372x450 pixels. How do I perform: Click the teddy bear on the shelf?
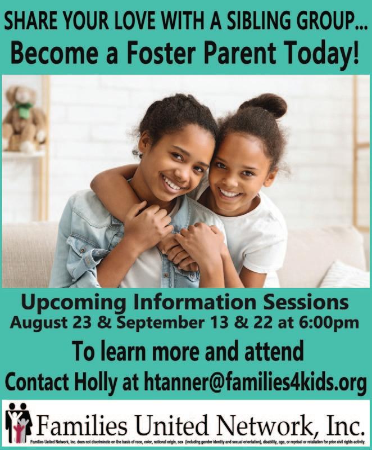click(x=24, y=119)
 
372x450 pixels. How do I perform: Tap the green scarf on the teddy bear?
click(x=24, y=109)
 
